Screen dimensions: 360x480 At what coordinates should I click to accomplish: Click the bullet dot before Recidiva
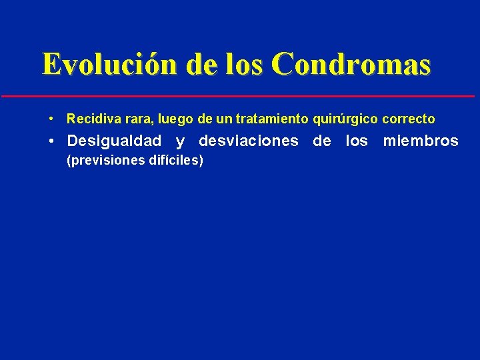point(51,119)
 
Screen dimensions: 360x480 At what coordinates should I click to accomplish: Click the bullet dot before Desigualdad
point(51,141)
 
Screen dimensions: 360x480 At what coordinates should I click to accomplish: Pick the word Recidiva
point(89,119)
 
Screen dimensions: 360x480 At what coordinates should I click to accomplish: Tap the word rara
point(129,119)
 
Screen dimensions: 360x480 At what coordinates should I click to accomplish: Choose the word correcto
point(409,119)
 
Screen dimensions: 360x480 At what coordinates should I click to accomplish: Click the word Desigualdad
point(114,141)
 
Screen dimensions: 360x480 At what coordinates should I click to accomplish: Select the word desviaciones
point(248,141)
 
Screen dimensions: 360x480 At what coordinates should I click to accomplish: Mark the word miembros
point(421,141)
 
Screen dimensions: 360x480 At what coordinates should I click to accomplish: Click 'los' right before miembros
point(356,141)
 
